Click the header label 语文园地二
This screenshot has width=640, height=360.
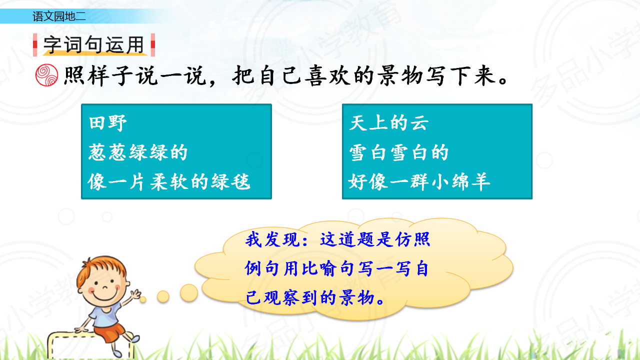(59, 16)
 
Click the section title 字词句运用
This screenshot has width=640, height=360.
(93, 45)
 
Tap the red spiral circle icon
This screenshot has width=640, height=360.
(46, 75)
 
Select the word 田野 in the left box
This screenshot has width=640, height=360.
(107, 123)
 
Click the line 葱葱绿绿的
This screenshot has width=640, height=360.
(138, 152)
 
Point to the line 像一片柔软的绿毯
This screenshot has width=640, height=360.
(169, 181)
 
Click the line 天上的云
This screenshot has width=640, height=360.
(389, 123)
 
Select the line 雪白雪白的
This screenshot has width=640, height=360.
(399, 152)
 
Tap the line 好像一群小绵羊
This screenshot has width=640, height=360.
(419, 181)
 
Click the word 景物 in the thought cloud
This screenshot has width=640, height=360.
(357, 297)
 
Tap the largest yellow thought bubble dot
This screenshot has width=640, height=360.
(189, 293)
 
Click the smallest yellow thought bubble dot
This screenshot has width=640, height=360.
(143, 299)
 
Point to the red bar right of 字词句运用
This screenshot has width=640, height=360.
(153, 45)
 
